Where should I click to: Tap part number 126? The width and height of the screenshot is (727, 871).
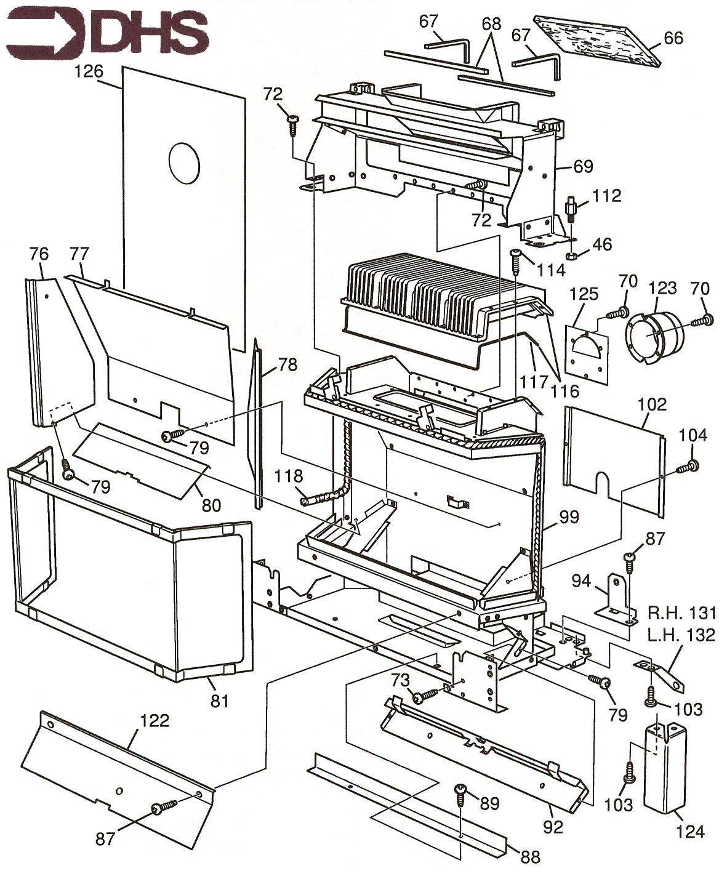[x=88, y=71]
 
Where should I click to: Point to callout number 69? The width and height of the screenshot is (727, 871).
[x=583, y=166]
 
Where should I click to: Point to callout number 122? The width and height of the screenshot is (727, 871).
[x=155, y=720]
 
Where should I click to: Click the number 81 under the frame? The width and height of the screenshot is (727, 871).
[x=220, y=700]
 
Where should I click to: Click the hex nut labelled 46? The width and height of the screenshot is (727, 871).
[x=571, y=254]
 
